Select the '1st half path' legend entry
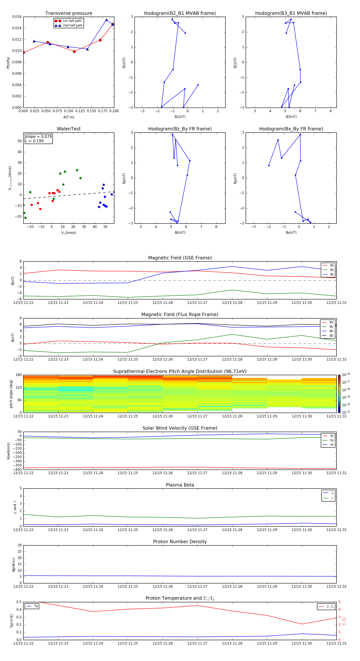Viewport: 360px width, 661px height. pos(72,21)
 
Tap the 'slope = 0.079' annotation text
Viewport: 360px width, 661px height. pos(38,137)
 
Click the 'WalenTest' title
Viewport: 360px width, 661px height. pos(69,129)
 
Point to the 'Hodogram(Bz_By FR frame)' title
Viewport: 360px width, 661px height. pos(180,129)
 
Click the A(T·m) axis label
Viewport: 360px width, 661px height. pos(69,117)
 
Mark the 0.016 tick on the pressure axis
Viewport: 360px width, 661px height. pos(17,17)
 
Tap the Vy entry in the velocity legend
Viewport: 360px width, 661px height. pos(332,440)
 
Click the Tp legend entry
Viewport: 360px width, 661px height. pos(36,606)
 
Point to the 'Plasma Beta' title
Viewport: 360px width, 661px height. pos(180,485)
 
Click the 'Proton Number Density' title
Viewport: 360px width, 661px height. pos(180,542)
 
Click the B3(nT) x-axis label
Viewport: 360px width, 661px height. pos(291,117)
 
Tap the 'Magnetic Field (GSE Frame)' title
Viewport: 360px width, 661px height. pos(180,258)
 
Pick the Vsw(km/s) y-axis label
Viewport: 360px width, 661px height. pos(8,451)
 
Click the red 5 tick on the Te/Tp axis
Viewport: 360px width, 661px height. pos(340,602)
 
